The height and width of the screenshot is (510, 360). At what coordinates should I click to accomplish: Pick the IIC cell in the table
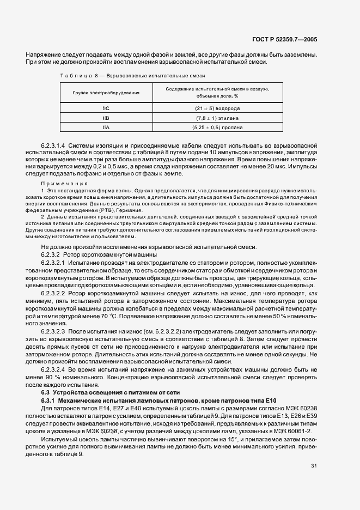click(x=106, y=108)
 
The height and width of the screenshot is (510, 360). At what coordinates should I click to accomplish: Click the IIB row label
click(x=106, y=118)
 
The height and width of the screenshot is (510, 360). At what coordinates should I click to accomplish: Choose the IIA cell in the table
click(x=106, y=127)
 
